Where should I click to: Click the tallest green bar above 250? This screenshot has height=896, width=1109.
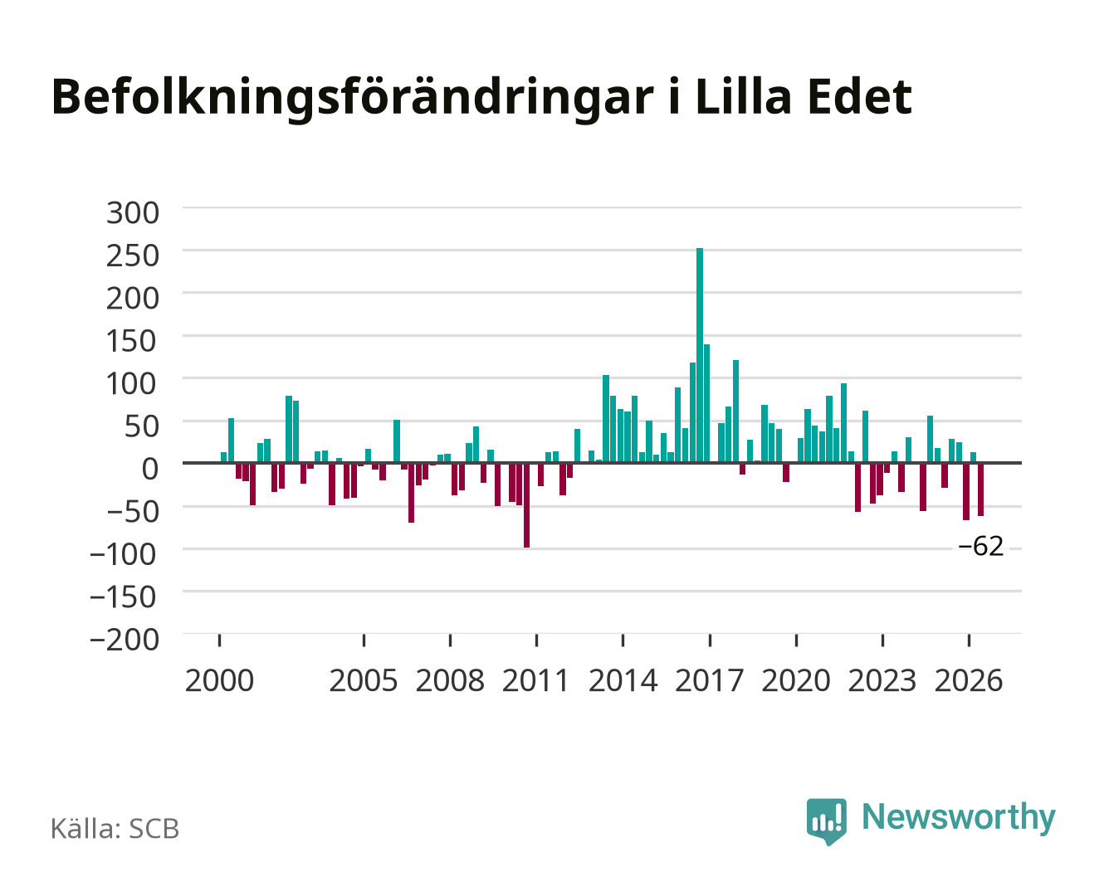699,355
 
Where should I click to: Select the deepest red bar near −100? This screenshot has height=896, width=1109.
526,504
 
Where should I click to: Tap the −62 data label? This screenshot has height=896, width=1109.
980,547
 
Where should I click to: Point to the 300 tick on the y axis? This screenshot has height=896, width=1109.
132,213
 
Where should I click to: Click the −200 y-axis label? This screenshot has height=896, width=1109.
124,640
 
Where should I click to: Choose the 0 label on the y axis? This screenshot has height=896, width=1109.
150,469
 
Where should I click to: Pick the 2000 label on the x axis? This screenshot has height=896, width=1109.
219,680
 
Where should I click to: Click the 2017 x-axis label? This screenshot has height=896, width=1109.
709,680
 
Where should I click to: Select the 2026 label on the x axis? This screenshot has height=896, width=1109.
969,680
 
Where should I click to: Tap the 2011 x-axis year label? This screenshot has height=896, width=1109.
535,680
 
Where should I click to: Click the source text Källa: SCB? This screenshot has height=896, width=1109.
115,828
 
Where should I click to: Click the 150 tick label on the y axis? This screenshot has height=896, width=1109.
131,341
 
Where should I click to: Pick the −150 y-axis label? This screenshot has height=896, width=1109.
123,597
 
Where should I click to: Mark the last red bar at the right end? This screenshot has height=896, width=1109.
980,489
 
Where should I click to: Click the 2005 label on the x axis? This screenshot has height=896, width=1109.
364,680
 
